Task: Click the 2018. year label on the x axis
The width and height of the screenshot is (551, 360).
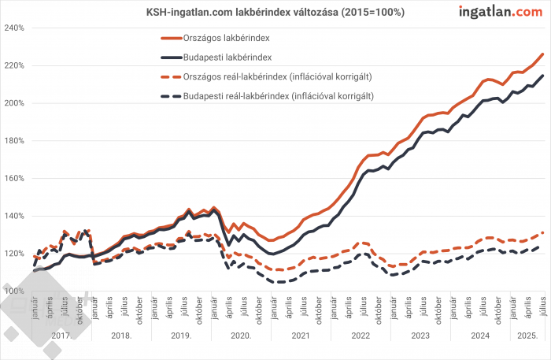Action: (x=121, y=335)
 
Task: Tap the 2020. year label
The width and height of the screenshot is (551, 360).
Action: (x=241, y=335)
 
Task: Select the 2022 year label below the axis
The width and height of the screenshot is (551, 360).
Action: (x=360, y=335)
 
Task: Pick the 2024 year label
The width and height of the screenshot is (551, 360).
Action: (x=479, y=335)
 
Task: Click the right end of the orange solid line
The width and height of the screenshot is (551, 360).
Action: (x=543, y=54)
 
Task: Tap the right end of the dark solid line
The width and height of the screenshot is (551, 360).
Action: (x=543, y=76)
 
